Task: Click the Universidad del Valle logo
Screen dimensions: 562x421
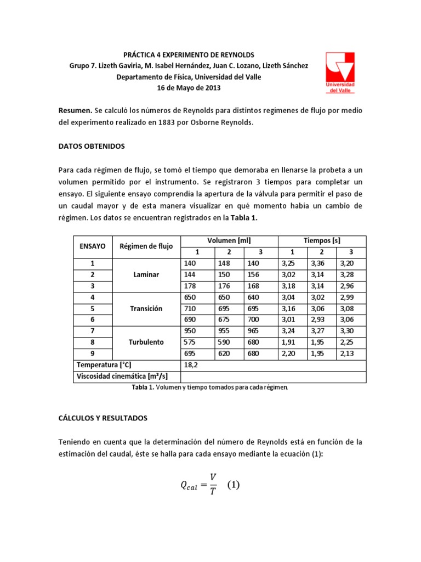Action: pos(340,72)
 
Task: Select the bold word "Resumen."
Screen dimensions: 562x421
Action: pos(76,111)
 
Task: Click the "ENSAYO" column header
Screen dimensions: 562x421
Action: pos(93,246)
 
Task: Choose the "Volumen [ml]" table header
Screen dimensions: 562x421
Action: pos(229,241)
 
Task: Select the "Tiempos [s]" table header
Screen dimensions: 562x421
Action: pos(322,241)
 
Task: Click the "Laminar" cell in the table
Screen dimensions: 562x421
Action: pos(146,274)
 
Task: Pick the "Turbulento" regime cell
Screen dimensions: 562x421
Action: pos(146,342)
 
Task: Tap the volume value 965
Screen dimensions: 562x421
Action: pos(253,331)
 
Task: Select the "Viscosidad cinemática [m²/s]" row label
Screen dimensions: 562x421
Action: pos(122,376)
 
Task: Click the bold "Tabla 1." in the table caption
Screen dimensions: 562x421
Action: pos(143,387)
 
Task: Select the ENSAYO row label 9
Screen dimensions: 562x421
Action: pos(93,353)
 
